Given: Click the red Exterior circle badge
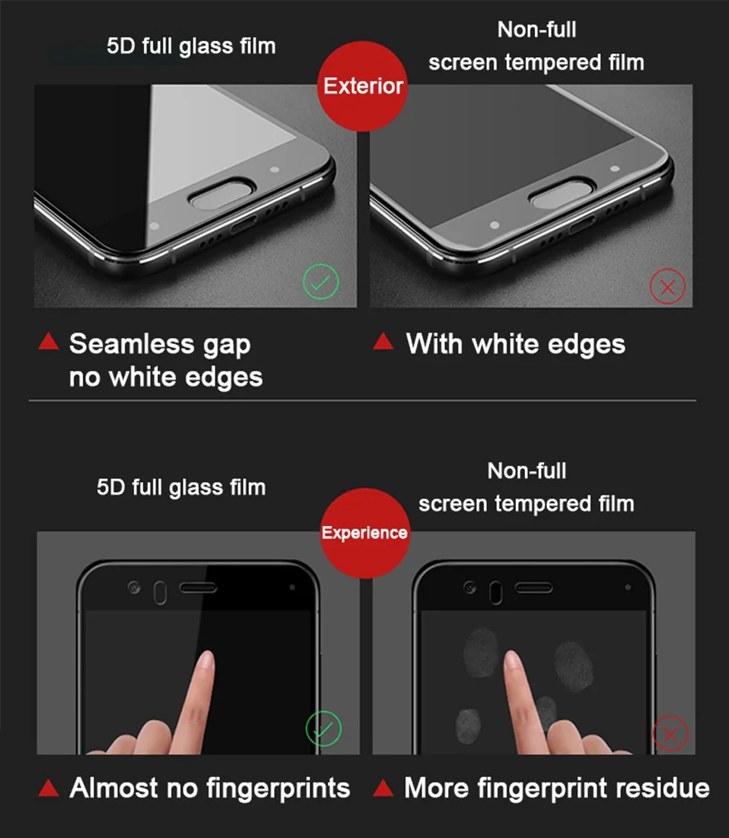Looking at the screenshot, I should (x=362, y=85).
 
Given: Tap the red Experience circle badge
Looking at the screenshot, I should (x=364, y=533).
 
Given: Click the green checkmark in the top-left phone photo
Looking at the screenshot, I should (x=320, y=283).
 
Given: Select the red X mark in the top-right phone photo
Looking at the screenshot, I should (x=667, y=287).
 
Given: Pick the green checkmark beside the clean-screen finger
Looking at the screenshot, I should (x=323, y=728).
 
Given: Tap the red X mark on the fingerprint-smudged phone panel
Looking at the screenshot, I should (x=670, y=734).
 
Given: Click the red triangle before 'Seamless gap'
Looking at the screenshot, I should (x=48, y=342).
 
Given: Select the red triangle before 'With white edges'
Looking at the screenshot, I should (x=383, y=342).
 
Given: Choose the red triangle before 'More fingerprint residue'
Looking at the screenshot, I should (x=383, y=787).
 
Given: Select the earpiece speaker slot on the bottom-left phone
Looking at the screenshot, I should (x=199, y=588).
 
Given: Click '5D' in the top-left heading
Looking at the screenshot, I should (x=119, y=46).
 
